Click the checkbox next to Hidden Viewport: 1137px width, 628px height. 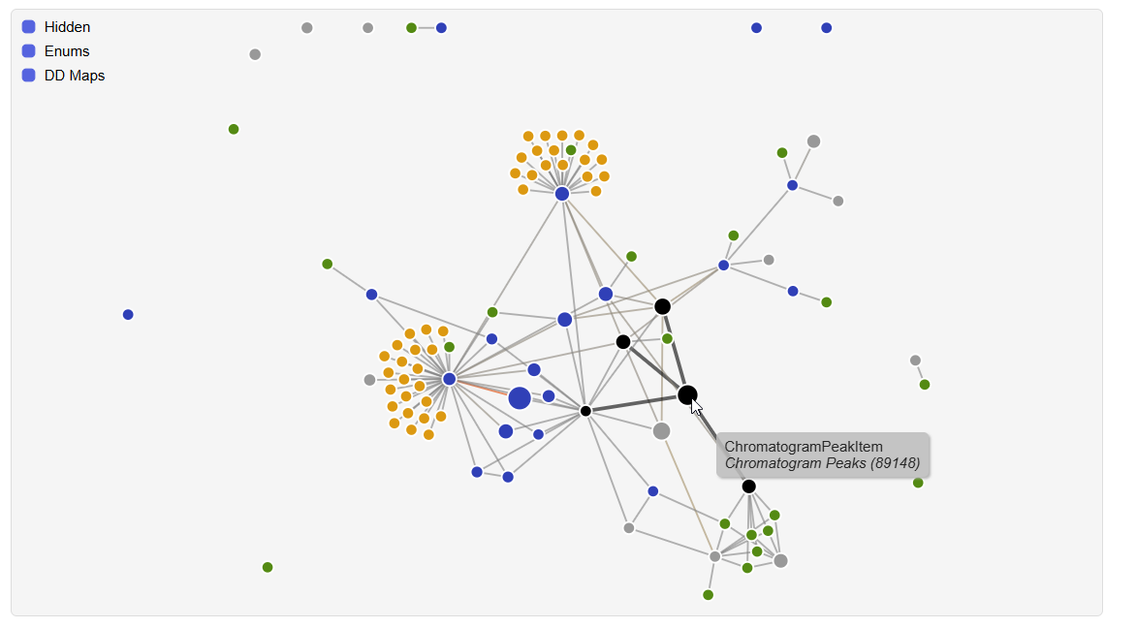pos(29,27)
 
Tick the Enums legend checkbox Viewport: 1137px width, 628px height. pos(29,51)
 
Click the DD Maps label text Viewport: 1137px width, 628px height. pos(75,76)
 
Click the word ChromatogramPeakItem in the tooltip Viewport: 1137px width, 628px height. pos(804,447)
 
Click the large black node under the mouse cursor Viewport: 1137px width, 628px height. pos(686,393)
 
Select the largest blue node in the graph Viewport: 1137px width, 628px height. pos(520,397)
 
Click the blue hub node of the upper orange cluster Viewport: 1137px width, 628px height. pos(562,194)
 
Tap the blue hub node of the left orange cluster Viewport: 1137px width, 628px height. pos(449,379)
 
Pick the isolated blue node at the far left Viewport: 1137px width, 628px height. pos(128,315)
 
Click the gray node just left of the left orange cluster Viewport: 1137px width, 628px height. pos(369,380)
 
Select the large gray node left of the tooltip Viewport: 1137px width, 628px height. pos(661,430)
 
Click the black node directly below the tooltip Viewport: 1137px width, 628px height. pos(748,487)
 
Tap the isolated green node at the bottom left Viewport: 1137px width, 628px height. pos(268,567)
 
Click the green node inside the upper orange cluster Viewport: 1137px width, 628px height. pos(571,150)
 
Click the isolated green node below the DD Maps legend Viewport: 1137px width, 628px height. pos(234,130)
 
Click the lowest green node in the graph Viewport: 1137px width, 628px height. pos(709,595)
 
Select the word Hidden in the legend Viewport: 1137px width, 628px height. pos(67,27)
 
